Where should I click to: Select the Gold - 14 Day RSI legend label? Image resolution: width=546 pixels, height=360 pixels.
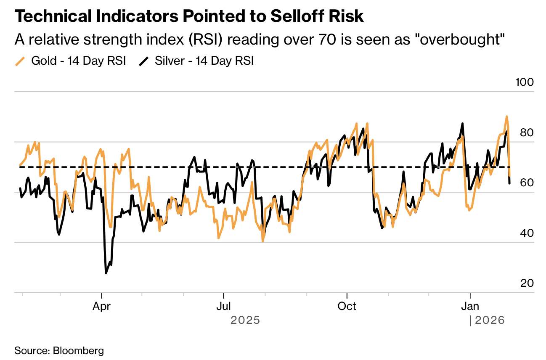(x=79, y=61)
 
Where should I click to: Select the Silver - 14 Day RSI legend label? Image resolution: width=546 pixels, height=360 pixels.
(x=204, y=61)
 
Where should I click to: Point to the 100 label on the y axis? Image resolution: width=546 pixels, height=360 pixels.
(x=524, y=82)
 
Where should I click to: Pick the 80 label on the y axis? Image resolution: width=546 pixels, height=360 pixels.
(x=527, y=132)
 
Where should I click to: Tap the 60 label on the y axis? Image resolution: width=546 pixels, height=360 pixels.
(x=527, y=183)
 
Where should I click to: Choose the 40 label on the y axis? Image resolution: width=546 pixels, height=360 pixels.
(x=527, y=233)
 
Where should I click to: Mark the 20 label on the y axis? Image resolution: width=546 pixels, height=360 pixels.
(x=527, y=283)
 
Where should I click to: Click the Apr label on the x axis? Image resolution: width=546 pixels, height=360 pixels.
(x=101, y=306)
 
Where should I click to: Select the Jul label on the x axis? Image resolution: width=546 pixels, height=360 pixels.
(x=224, y=306)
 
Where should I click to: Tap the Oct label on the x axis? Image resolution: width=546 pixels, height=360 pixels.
(x=347, y=306)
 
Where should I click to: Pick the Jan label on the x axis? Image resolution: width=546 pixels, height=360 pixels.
(x=470, y=306)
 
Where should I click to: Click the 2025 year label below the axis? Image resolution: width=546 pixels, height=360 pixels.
(x=245, y=320)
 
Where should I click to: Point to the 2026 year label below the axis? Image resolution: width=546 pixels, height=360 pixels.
(x=489, y=320)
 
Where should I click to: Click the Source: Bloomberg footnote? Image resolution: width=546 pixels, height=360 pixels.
(x=59, y=350)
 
